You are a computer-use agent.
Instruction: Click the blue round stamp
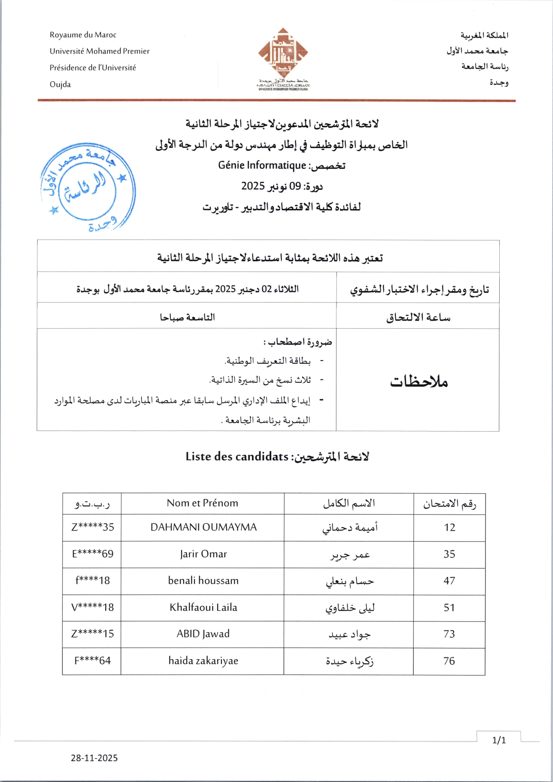click(x=88, y=188)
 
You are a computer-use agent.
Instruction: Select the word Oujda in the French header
click(x=60, y=84)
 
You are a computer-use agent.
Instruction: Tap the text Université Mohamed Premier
click(x=99, y=51)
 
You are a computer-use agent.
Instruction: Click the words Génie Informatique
click(x=262, y=165)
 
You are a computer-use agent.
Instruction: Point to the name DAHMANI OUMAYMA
click(x=203, y=527)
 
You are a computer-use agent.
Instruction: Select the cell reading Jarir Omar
click(x=203, y=554)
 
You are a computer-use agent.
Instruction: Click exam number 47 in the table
click(x=449, y=581)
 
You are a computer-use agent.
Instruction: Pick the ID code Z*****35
click(x=93, y=527)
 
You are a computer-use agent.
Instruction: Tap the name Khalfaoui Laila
click(x=203, y=607)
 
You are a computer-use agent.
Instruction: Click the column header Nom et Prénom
click(x=202, y=503)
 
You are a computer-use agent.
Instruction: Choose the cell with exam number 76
click(x=449, y=661)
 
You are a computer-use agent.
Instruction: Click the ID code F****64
click(x=92, y=661)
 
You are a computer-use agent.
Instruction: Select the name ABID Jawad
click(x=203, y=634)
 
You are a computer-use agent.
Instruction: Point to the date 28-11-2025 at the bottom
click(x=94, y=758)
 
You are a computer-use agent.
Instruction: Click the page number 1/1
click(x=499, y=740)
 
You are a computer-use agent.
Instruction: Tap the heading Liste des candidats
click(x=237, y=456)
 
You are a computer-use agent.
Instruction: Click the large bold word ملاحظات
click(x=419, y=381)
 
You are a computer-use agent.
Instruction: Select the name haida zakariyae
click(x=203, y=661)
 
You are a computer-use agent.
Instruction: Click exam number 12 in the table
click(x=449, y=527)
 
